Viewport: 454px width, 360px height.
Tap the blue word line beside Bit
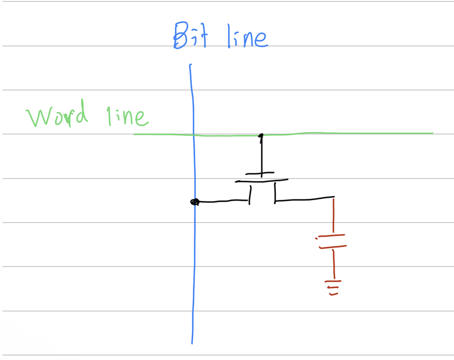[247, 38]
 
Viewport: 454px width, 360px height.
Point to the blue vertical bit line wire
[192, 272]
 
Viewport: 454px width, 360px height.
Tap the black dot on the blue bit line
[194, 202]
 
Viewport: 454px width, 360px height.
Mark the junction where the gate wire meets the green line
[261, 135]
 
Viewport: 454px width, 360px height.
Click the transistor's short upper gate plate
[260, 174]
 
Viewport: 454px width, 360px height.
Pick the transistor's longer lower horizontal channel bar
[262, 181]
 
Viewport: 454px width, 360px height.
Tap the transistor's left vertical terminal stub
[250, 193]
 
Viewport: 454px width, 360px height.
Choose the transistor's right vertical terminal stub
[275, 193]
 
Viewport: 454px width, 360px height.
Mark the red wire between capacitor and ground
[334, 264]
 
